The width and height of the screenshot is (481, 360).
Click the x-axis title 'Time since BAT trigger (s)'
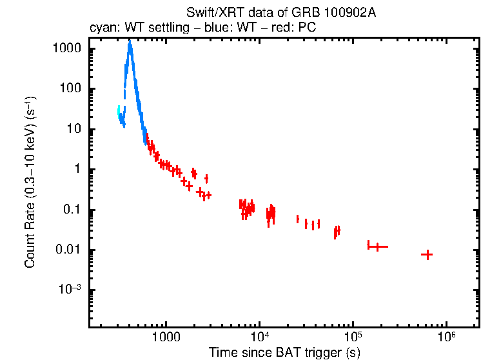point(284,352)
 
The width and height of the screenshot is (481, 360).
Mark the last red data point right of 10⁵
point(426,255)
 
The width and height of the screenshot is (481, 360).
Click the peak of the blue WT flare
point(130,43)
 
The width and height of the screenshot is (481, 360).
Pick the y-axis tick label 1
point(79,170)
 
